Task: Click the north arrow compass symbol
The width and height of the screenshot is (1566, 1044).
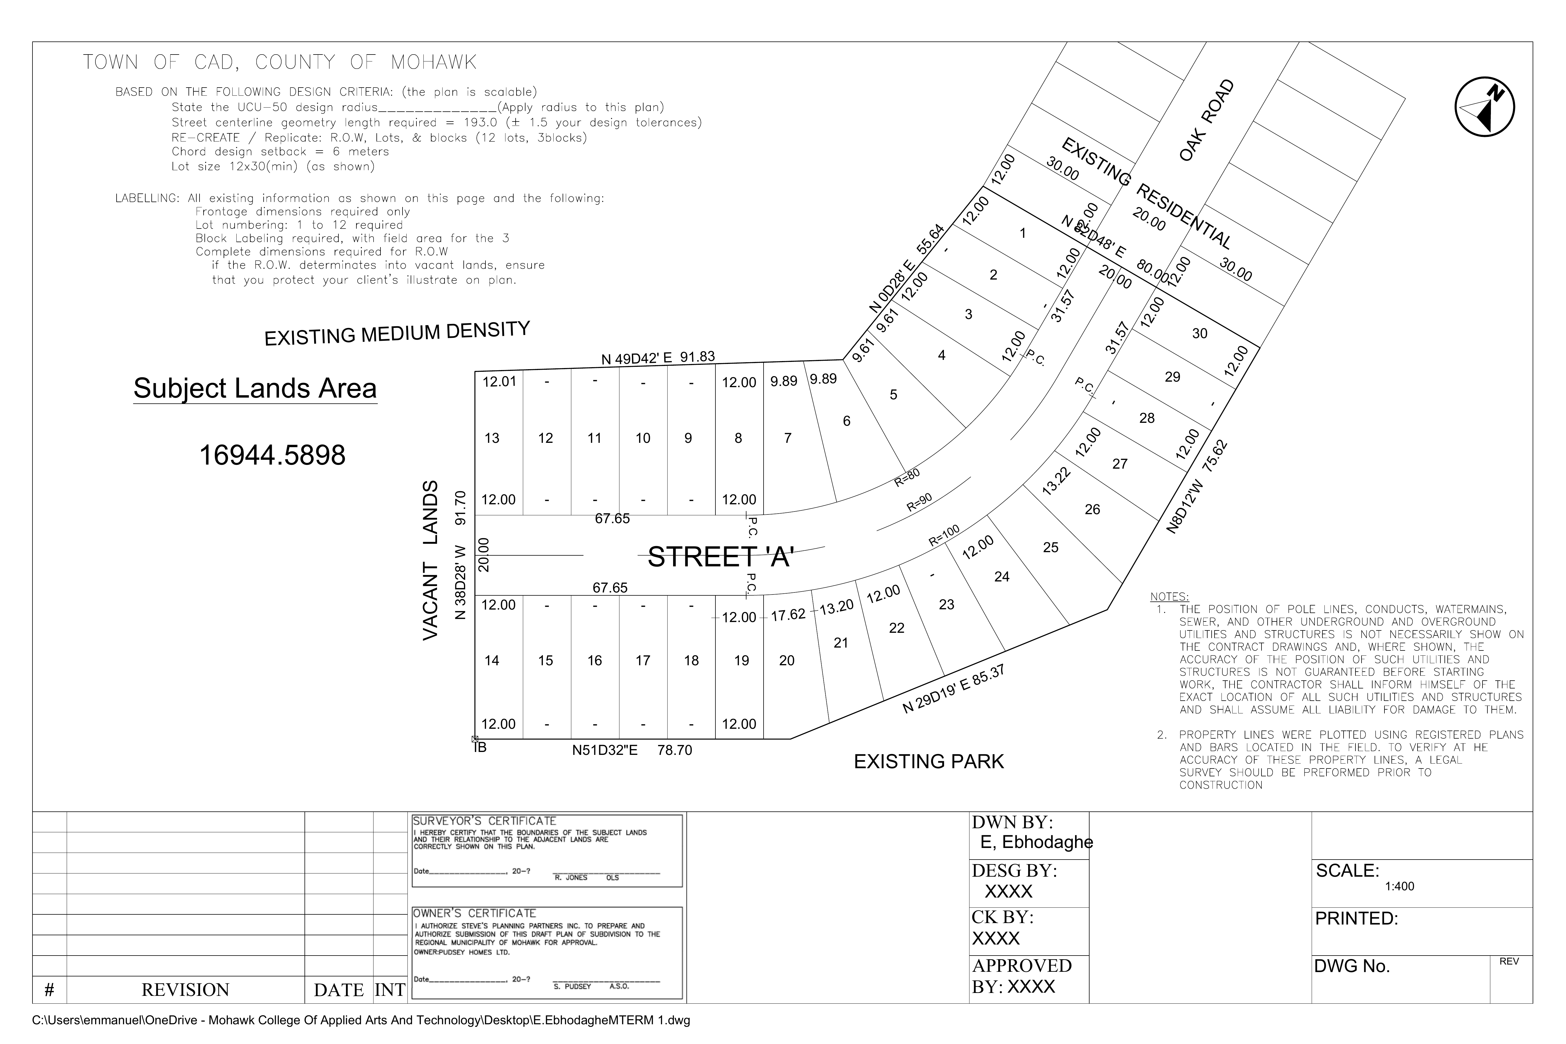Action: [1485, 108]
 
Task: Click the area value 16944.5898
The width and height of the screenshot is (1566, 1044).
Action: [272, 455]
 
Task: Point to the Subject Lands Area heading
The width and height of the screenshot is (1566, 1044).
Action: [255, 389]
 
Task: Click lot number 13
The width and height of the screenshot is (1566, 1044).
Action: [492, 438]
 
